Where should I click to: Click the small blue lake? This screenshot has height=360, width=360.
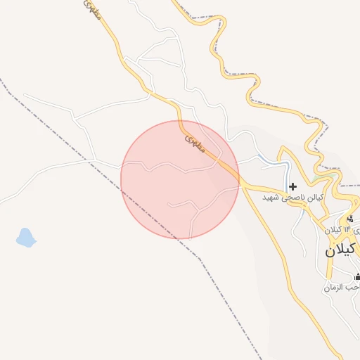(x=25, y=238)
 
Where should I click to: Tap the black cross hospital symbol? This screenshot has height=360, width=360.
(x=292, y=186)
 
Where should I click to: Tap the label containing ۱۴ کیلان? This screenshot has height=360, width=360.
(x=342, y=230)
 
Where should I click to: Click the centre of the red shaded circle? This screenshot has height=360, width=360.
(x=180, y=179)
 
